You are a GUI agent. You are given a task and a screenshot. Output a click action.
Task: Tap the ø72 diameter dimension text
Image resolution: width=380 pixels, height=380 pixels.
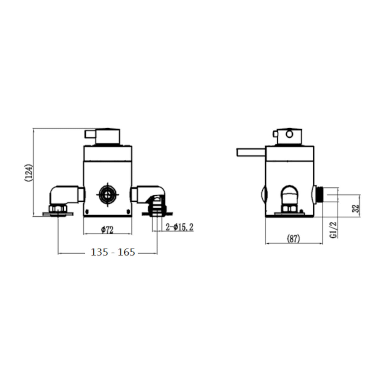tap(107, 230)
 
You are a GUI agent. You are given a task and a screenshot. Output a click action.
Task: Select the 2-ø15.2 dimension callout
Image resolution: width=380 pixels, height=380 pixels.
tap(179, 227)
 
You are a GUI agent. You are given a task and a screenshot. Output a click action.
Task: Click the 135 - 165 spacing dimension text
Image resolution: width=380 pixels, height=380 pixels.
tap(113, 252)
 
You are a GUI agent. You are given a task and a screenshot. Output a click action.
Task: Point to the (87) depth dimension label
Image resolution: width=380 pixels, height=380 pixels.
tap(293, 239)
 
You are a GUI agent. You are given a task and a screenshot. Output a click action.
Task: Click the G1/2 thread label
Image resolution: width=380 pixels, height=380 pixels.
tap(333, 230)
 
